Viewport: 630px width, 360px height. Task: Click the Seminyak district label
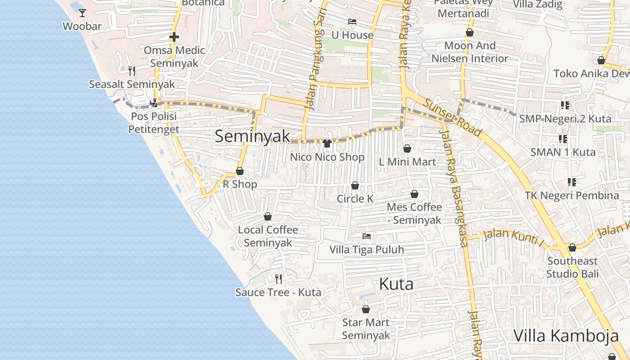click(x=252, y=136)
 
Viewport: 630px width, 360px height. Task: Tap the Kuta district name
click(x=396, y=284)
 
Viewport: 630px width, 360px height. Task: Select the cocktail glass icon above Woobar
click(x=82, y=13)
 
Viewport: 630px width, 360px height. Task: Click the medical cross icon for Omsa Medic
click(x=174, y=37)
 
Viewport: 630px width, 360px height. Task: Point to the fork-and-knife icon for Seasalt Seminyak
click(x=132, y=71)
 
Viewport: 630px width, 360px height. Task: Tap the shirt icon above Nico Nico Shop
click(x=327, y=144)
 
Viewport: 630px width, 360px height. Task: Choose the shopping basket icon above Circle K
click(x=355, y=185)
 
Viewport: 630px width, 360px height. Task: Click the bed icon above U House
click(x=352, y=22)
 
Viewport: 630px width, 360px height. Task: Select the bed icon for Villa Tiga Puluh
click(x=367, y=236)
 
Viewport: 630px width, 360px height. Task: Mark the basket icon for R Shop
click(x=240, y=171)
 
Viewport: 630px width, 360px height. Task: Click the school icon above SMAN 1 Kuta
click(x=563, y=139)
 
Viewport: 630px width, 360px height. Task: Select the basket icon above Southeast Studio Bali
click(x=572, y=247)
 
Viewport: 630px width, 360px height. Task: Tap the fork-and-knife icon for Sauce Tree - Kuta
click(x=279, y=279)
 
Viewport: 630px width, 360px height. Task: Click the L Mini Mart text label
click(x=407, y=162)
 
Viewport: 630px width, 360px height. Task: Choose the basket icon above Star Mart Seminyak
click(x=366, y=309)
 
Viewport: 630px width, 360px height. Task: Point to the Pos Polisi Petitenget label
click(x=153, y=123)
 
